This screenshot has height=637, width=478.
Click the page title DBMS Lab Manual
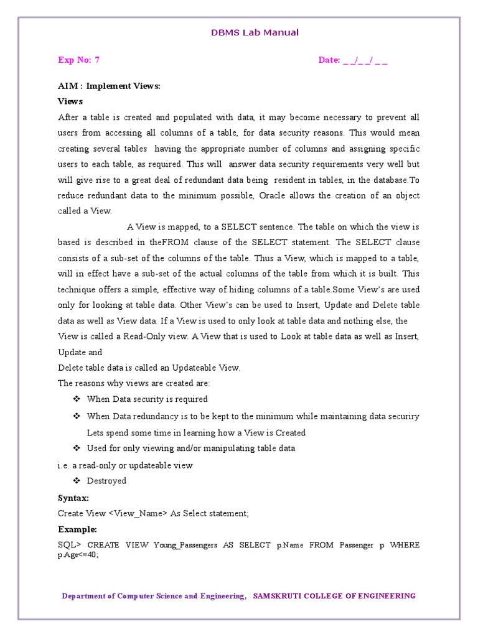(x=254, y=32)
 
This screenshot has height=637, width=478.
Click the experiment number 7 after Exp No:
(x=97, y=60)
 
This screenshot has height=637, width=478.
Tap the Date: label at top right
(x=329, y=60)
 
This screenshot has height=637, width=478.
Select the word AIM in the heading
(x=67, y=86)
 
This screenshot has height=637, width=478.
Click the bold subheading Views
(x=70, y=101)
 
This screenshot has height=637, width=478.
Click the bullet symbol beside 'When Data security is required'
(x=77, y=399)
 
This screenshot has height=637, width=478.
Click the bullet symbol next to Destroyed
(x=77, y=481)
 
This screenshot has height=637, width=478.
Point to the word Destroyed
(x=106, y=481)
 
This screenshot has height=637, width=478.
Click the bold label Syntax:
(x=73, y=498)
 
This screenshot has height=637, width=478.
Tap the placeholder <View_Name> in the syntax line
(x=138, y=513)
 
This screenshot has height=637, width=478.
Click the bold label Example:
(x=78, y=529)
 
